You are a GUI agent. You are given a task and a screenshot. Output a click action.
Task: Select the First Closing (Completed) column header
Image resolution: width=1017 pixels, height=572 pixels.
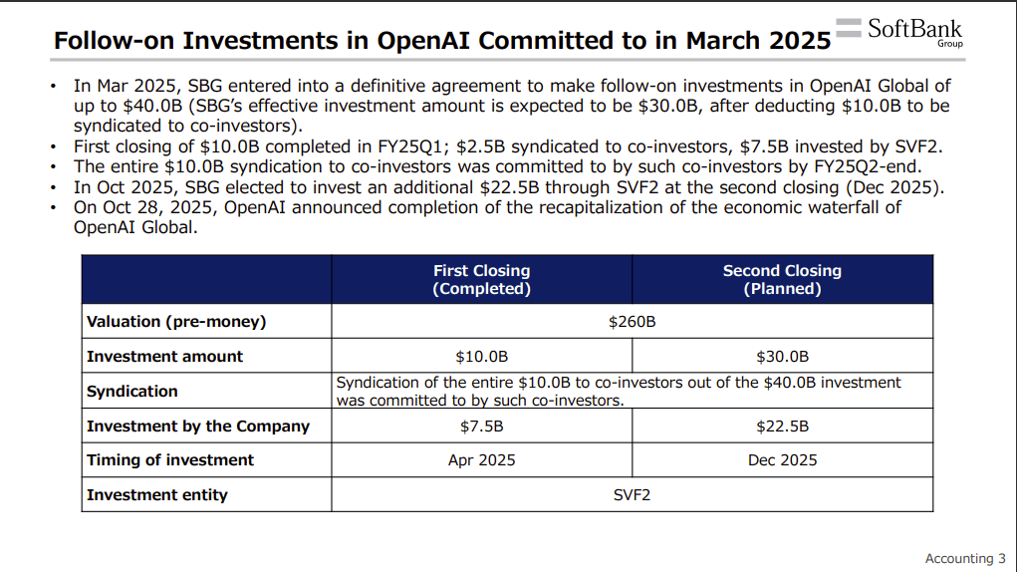click(x=481, y=280)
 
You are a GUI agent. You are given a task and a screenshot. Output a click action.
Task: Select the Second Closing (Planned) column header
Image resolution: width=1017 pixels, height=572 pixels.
click(x=782, y=280)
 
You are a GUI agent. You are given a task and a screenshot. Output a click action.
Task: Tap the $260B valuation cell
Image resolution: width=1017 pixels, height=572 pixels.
click(x=632, y=322)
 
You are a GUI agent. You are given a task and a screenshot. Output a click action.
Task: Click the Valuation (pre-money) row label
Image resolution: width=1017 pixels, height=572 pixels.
click(x=176, y=322)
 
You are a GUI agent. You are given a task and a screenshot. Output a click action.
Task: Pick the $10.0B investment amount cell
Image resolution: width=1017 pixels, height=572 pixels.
click(x=481, y=357)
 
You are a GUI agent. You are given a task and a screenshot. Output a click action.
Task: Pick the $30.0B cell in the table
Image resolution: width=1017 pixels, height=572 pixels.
click(x=782, y=357)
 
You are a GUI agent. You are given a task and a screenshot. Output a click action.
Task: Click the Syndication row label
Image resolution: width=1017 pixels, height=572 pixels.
click(x=132, y=392)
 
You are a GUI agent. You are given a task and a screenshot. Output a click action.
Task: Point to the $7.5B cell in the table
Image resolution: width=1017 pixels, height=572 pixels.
click(x=481, y=427)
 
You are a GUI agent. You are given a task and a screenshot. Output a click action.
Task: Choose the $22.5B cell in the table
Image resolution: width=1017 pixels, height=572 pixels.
click(x=782, y=427)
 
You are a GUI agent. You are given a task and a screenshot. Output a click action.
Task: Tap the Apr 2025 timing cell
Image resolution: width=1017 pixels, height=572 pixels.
click(x=481, y=460)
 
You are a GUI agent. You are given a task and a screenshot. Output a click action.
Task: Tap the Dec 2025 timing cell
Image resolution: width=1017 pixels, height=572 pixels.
click(x=782, y=460)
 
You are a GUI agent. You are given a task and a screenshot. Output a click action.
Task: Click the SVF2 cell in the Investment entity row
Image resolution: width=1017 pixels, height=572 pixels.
click(x=632, y=495)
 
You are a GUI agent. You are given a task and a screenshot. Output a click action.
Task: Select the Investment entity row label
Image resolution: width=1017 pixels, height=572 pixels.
click(x=157, y=495)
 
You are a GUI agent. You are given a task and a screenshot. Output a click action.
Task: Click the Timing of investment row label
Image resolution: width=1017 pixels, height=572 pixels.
click(x=170, y=460)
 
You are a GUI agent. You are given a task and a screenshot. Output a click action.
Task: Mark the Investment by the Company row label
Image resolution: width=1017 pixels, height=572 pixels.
click(x=198, y=427)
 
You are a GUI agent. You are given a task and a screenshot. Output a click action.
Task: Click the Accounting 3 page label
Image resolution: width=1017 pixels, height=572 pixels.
click(x=964, y=559)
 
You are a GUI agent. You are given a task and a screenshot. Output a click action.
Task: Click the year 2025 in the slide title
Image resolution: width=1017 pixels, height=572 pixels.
click(x=794, y=40)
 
